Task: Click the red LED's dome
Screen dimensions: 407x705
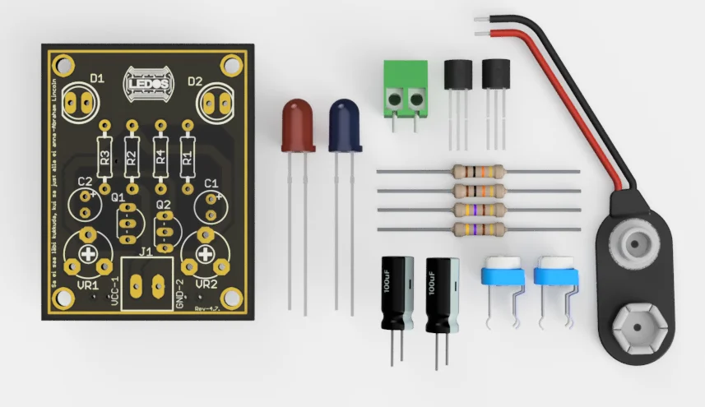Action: [297, 123]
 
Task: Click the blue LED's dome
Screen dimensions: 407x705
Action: [346, 123]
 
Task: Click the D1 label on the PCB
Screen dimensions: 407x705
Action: [97, 79]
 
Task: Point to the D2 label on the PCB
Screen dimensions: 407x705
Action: [195, 81]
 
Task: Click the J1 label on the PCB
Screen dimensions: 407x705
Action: [146, 252]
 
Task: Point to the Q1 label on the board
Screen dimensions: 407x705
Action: [118, 197]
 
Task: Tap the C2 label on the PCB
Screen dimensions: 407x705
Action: [85, 182]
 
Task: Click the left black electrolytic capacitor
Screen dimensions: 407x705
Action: [397, 293]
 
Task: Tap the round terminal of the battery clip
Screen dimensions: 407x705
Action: [636, 241]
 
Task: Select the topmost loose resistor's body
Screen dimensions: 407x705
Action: [478, 172]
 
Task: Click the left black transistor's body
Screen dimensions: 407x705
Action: [457, 76]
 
